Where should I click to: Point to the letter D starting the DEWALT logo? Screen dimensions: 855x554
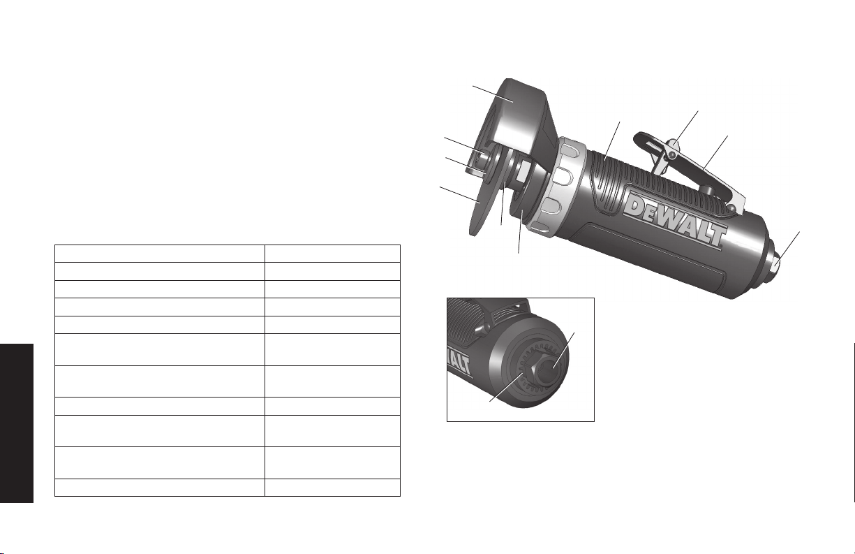click(634, 206)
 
